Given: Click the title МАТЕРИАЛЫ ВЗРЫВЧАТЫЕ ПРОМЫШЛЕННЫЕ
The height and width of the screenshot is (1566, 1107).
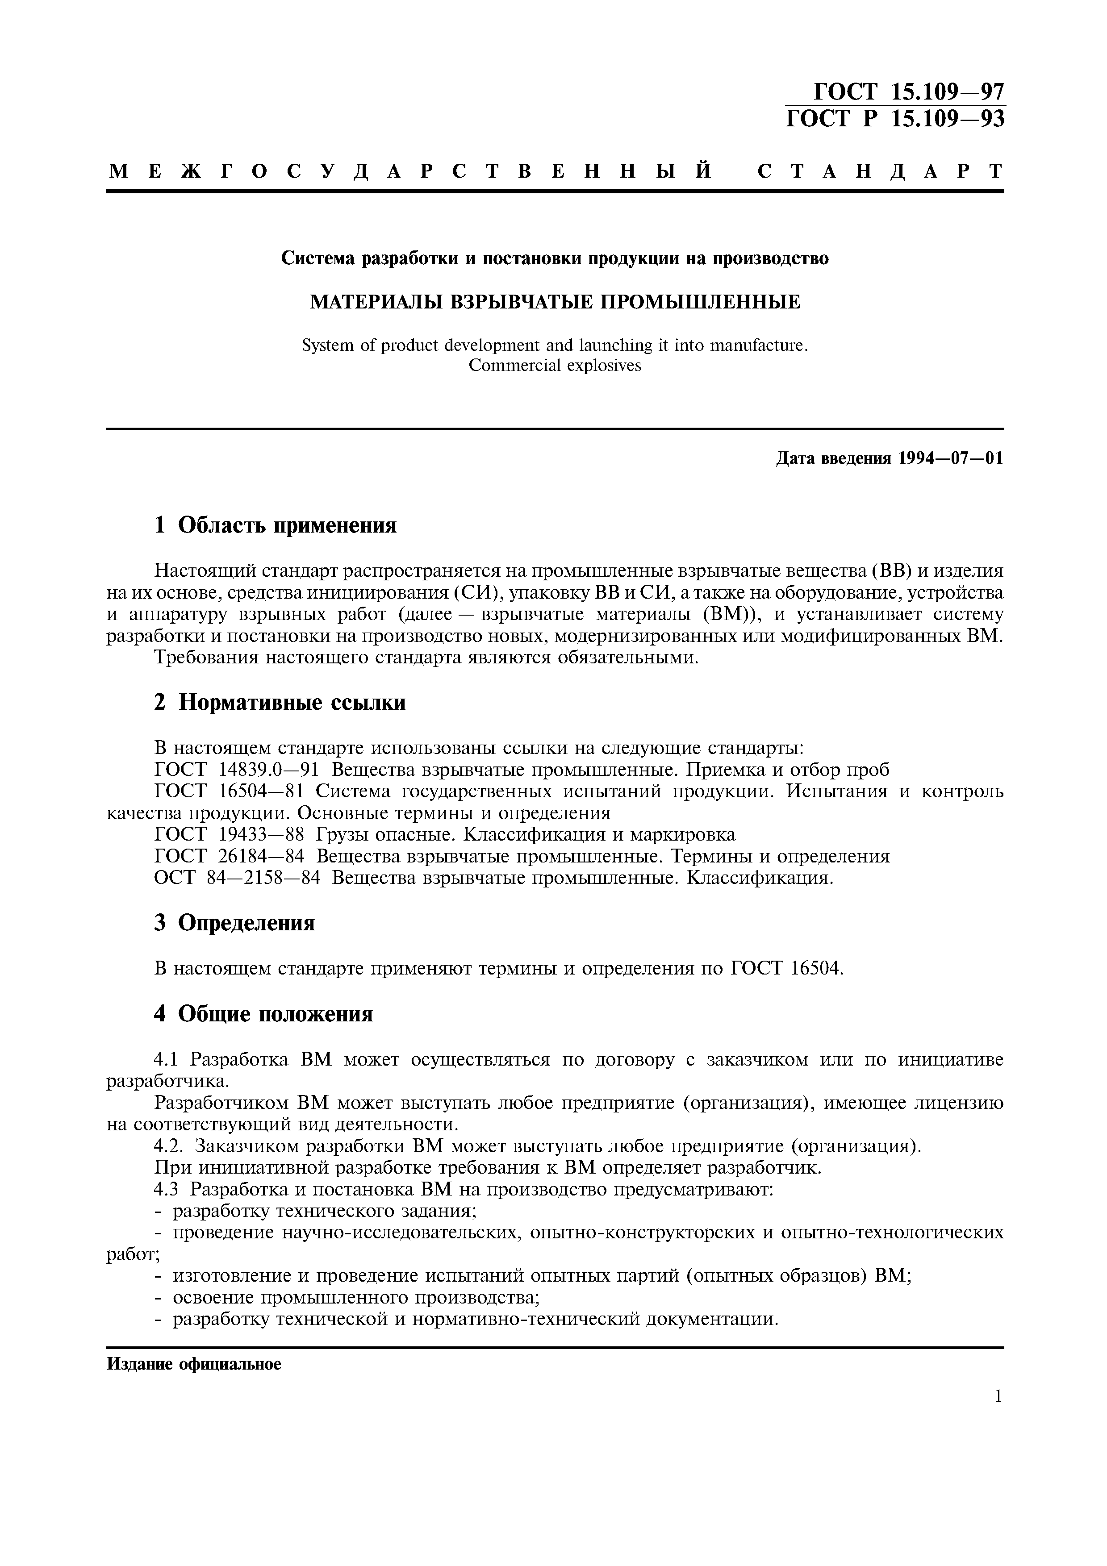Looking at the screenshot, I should [x=555, y=301].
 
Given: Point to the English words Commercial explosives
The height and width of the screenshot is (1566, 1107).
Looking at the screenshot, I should [x=555, y=366].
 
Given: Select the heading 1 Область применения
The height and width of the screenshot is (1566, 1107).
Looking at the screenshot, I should [x=275, y=525].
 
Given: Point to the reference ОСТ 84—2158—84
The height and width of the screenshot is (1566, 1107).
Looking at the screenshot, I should [x=237, y=879].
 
